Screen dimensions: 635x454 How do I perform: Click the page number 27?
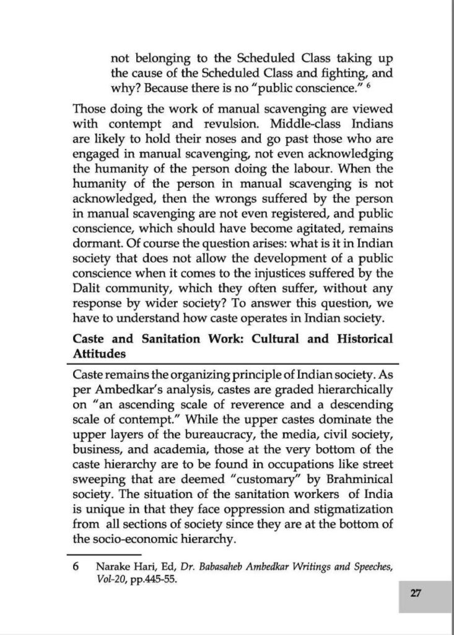[415, 593]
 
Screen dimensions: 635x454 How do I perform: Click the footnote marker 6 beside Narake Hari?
[76, 566]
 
